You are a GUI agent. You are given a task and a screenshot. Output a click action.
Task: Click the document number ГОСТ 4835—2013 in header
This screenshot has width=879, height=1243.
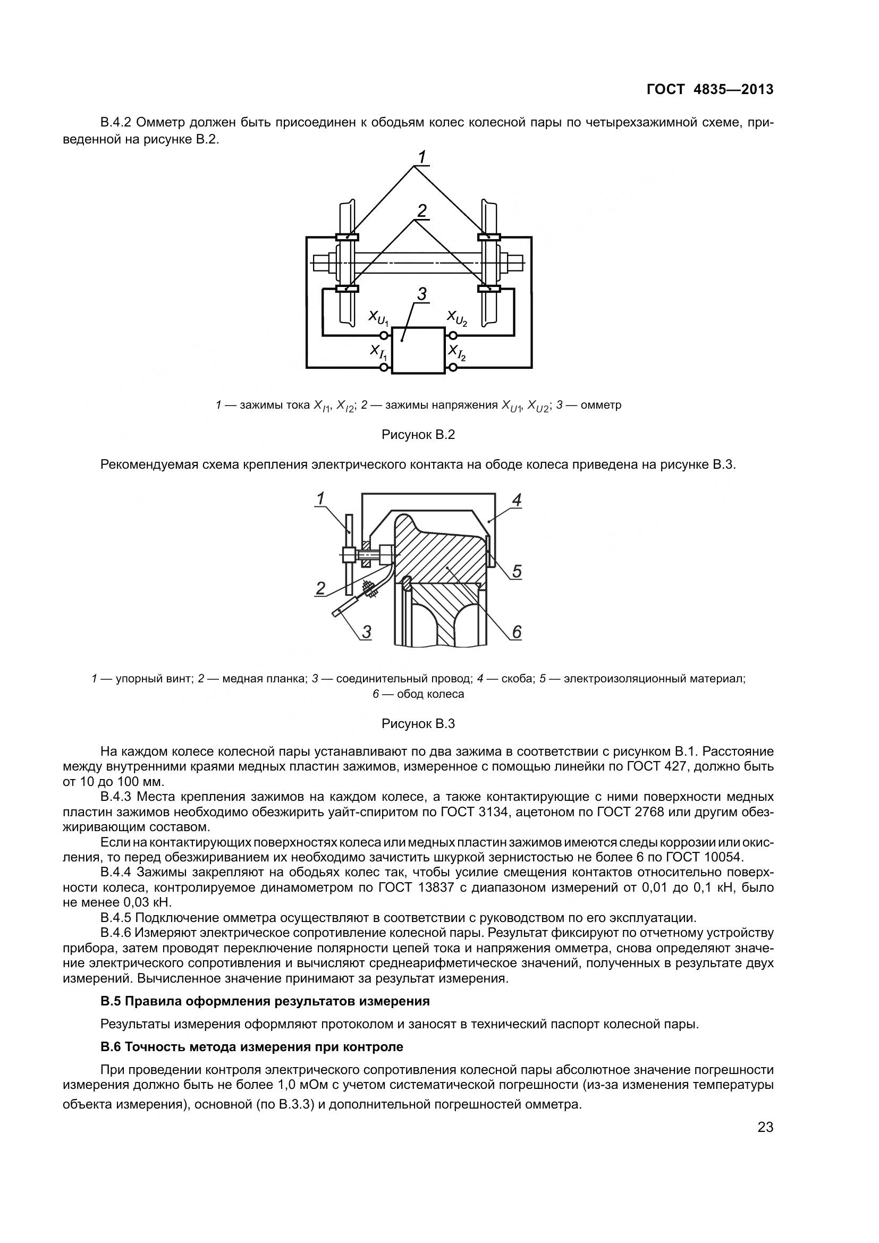[x=709, y=89]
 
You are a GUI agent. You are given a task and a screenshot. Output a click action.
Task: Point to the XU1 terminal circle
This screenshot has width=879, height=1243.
[x=384, y=335]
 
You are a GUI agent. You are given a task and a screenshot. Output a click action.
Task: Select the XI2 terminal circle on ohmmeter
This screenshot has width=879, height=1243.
[x=452, y=368]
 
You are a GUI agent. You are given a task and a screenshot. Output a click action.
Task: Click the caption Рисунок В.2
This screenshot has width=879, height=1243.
[x=418, y=435]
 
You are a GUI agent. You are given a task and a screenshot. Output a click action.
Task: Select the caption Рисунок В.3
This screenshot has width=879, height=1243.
[x=418, y=724]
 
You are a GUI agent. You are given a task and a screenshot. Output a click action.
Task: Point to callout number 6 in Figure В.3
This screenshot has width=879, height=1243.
[x=517, y=631]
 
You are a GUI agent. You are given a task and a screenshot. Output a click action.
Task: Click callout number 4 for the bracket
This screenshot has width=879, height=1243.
[x=517, y=500]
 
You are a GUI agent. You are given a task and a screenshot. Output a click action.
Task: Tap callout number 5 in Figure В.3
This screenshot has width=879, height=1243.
[x=517, y=571]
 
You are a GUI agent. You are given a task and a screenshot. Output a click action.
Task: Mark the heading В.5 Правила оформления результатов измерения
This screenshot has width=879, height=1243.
[x=265, y=1002]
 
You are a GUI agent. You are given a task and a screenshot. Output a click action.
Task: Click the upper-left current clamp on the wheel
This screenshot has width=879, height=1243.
[x=346, y=236]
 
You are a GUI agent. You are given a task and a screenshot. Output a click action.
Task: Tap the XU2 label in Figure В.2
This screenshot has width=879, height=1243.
[x=457, y=318]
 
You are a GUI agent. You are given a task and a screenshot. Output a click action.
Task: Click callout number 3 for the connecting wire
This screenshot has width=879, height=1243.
[x=367, y=631]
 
